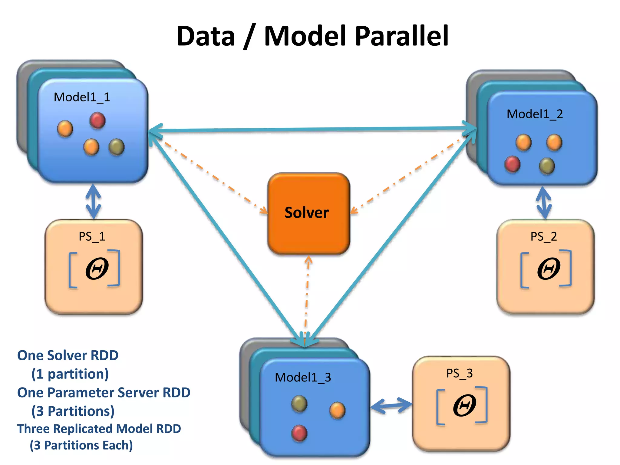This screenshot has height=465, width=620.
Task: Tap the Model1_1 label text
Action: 82,97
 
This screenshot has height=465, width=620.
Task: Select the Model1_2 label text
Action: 535,114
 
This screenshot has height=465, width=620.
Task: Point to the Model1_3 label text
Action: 303,378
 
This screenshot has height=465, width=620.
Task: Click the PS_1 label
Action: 92,236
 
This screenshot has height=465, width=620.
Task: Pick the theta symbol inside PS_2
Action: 548,269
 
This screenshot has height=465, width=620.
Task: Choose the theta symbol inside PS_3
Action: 464,405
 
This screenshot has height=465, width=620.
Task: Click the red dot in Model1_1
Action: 97,120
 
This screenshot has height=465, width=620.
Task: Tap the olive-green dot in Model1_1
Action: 117,147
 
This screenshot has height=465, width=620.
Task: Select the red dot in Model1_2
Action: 512,164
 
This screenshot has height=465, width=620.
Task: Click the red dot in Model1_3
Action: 299,433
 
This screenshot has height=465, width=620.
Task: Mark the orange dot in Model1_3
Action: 337,411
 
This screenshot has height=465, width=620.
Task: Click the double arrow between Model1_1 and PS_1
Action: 93,201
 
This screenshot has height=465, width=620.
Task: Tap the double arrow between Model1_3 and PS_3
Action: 391,405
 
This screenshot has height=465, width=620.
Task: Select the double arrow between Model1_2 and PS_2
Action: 544,203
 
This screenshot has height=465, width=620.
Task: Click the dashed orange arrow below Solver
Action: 307,294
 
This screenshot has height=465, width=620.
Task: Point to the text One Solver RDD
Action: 68,355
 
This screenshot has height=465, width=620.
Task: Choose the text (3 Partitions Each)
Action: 81,445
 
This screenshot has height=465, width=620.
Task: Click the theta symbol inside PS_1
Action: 97,269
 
